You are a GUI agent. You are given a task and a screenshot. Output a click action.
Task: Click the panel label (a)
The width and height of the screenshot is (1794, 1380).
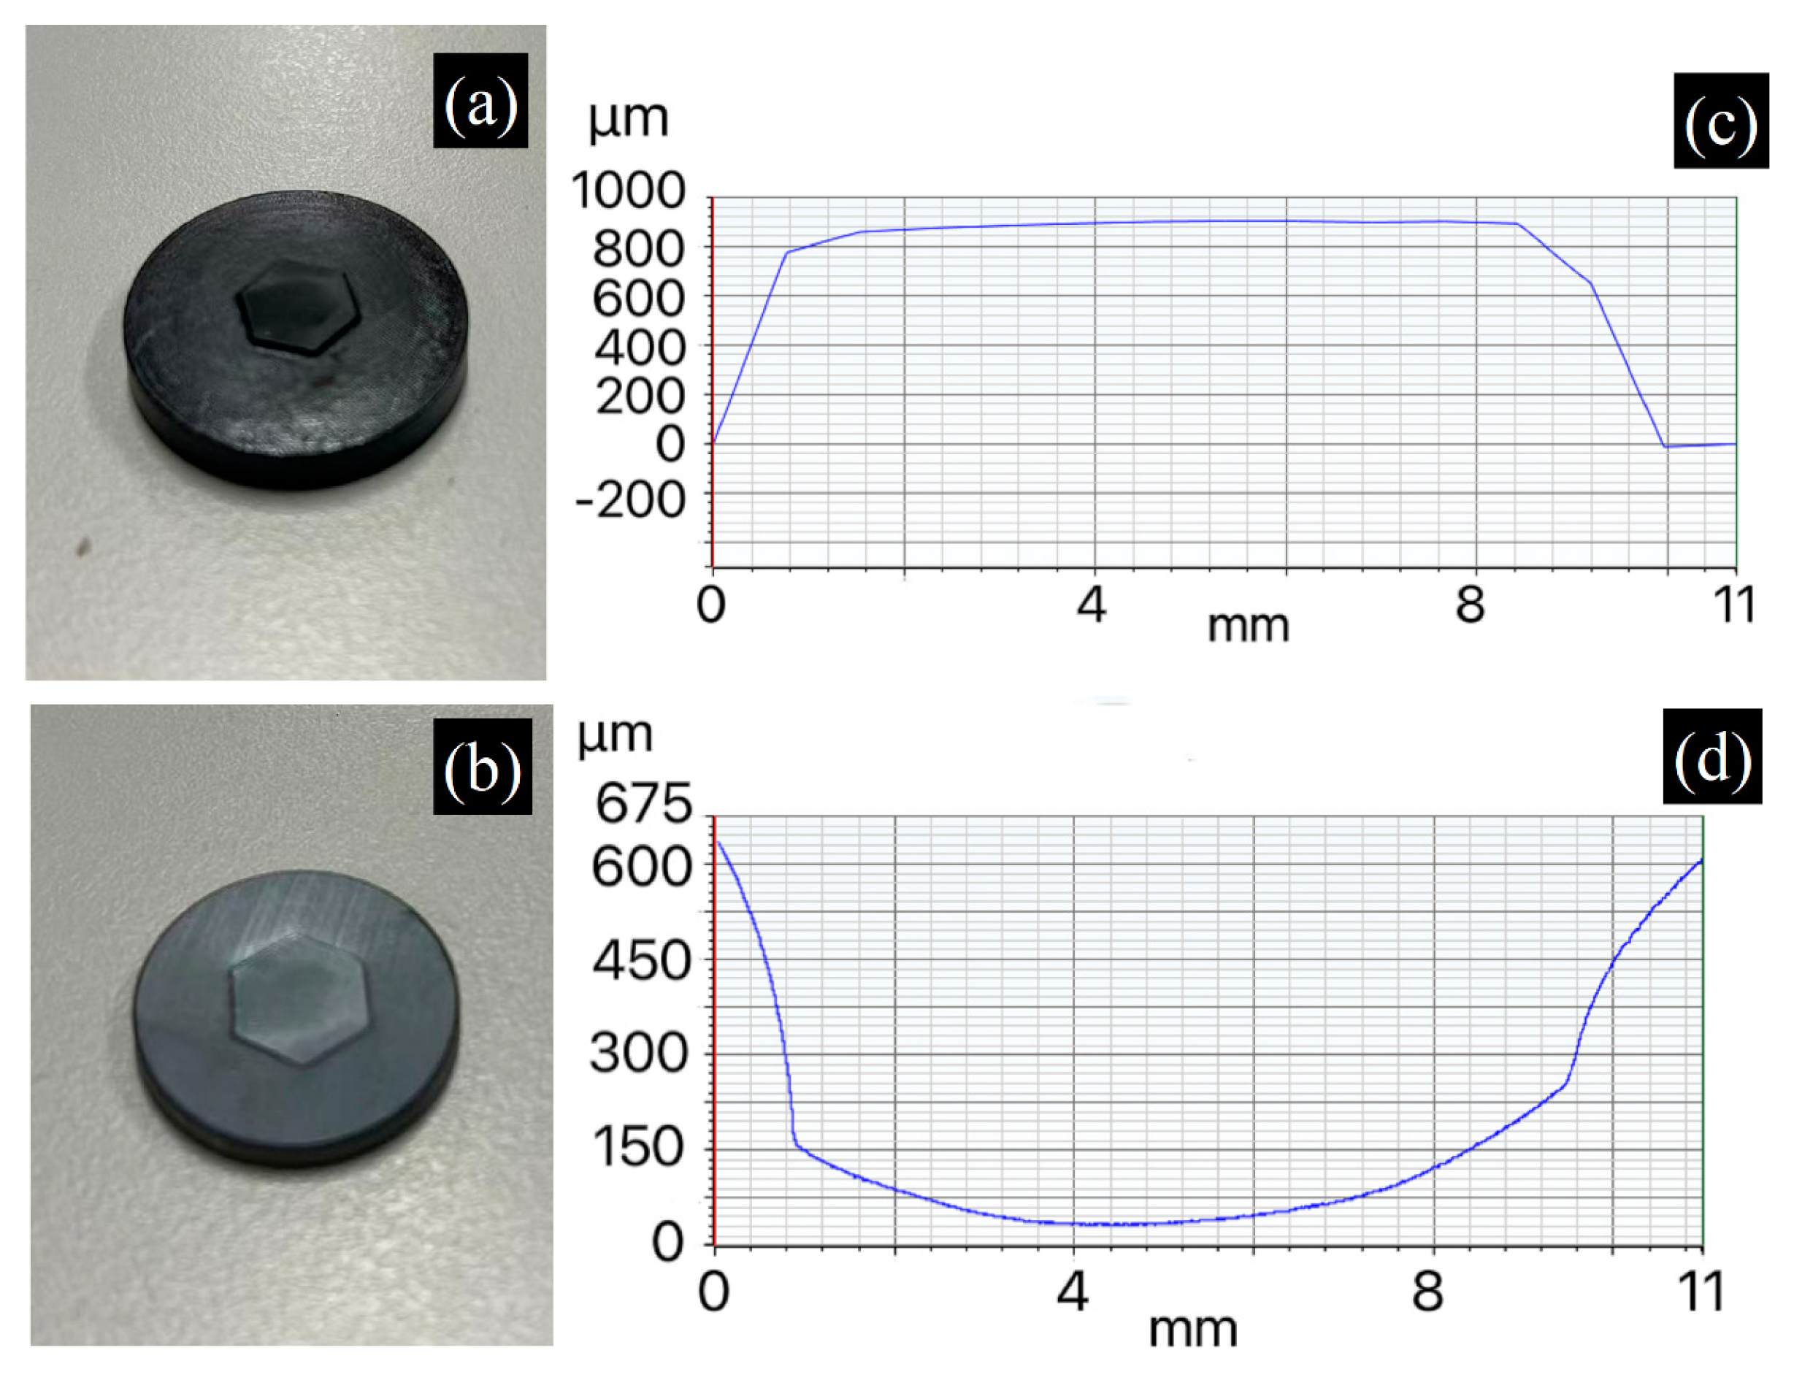click(x=480, y=101)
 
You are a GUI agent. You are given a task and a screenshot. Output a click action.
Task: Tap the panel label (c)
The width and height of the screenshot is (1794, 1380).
click(x=1721, y=120)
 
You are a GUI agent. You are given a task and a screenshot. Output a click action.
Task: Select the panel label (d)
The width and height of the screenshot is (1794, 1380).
click(x=1713, y=756)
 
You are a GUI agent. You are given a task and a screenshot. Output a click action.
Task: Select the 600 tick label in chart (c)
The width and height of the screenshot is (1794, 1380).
click(x=638, y=299)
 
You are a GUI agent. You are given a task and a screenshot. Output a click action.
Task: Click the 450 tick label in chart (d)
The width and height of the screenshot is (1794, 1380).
click(x=642, y=960)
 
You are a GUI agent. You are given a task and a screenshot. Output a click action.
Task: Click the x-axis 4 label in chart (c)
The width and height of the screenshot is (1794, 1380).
click(x=1092, y=605)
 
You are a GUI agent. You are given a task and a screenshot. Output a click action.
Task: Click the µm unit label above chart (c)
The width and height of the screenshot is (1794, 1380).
click(x=629, y=119)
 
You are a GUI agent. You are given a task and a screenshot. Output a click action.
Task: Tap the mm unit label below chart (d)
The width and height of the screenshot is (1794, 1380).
click(x=1193, y=1330)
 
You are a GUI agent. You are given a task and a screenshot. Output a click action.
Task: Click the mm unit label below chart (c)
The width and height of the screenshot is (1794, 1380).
click(x=1248, y=626)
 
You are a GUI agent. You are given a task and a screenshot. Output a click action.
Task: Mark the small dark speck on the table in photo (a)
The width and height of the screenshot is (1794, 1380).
click(x=81, y=547)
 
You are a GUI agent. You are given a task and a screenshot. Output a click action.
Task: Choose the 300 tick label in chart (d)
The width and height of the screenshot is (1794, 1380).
click(x=640, y=1054)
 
